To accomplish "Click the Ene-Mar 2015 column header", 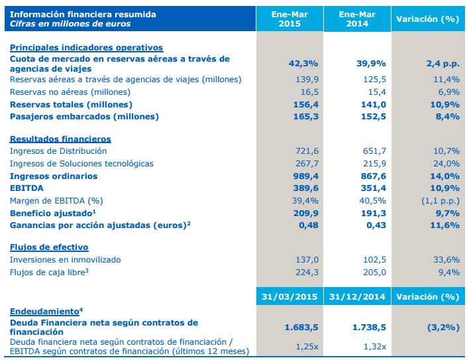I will click(290, 19).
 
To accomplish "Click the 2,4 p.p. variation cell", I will click(442, 63).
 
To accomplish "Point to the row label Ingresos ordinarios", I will click(54, 176).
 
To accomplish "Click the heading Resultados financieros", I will click(60, 139).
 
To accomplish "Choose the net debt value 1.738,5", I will click(368, 327).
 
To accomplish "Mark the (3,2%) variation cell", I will click(441, 327).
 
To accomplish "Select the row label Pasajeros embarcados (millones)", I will click(85, 117).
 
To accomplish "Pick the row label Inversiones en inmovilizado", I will click(66, 260).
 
